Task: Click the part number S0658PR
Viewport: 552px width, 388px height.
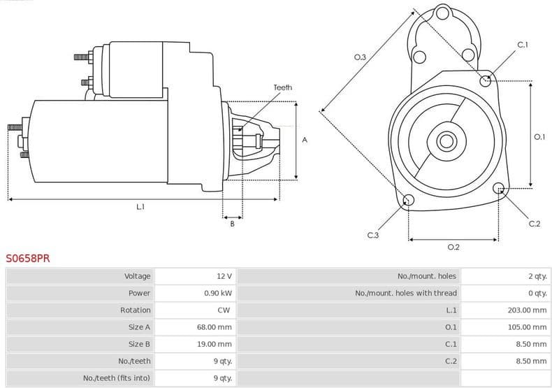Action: click(x=28, y=258)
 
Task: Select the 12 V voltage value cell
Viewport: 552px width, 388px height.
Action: click(x=224, y=276)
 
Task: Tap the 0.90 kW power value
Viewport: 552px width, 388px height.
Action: click(x=217, y=293)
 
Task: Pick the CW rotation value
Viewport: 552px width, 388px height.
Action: click(x=224, y=310)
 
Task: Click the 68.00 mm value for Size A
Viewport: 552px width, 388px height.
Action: click(x=214, y=326)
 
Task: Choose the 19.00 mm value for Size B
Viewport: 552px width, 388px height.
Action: click(x=214, y=344)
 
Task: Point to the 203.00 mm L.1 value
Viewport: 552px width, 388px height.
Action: click(x=527, y=310)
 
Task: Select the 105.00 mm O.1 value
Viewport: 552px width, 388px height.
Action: click(x=527, y=326)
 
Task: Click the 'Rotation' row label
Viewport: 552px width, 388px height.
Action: click(x=135, y=310)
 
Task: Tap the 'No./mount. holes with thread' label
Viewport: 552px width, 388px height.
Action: click(x=405, y=293)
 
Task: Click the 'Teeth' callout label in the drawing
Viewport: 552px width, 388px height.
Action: click(x=282, y=87)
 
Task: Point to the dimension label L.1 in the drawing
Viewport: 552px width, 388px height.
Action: click(x=140, y=207)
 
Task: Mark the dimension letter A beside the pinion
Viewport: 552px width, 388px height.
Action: click(x=304, y=140)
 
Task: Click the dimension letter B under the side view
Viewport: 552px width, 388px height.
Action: click(x=232, y=224)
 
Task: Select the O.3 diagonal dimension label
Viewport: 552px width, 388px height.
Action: click(x=360, y=57)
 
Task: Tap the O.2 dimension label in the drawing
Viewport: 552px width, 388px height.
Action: click(x=453, y=247)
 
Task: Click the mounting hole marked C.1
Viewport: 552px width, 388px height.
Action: click(x=486, y=80)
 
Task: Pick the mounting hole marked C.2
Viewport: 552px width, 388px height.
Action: click(x=499, y=188)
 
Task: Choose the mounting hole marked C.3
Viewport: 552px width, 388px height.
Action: click(x=409, y=201)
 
